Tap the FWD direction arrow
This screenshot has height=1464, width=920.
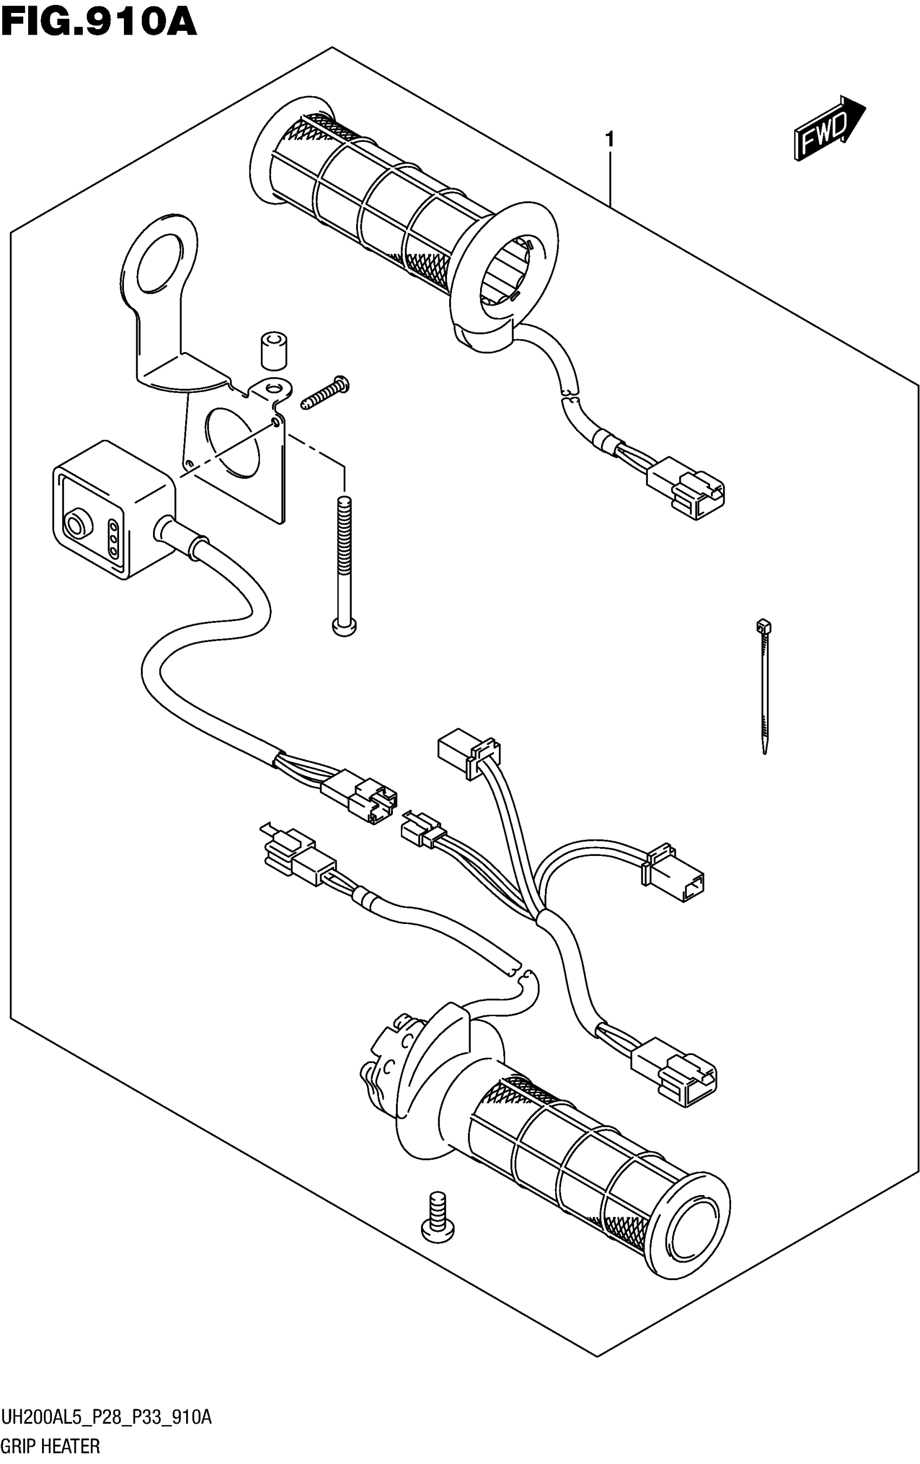[x=827, y=128]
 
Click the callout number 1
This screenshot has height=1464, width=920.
[x=609, y=140]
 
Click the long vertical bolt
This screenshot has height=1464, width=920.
[x=344, y=565]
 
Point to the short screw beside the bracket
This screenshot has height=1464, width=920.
[x=325, y=393]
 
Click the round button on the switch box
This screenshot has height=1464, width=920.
[x=77, y=523]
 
